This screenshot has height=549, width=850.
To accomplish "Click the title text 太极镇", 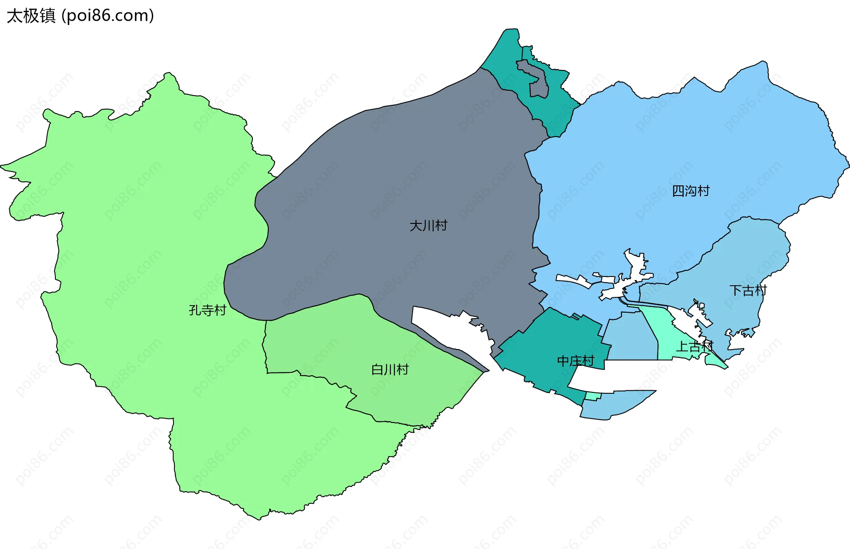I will pos(31,16).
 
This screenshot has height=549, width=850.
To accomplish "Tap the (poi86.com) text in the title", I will pos(108,16).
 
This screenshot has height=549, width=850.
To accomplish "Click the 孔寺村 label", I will pos(207,310).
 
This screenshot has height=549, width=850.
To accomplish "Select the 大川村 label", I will pos(428,226).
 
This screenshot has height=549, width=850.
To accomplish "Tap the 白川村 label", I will pos(390,369).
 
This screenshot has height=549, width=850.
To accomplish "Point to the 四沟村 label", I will pos(691,191).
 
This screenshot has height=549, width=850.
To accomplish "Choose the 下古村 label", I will pos(748,291).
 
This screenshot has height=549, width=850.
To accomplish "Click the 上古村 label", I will pos(694,346).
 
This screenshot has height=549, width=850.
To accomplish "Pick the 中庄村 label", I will pos(575,361).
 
